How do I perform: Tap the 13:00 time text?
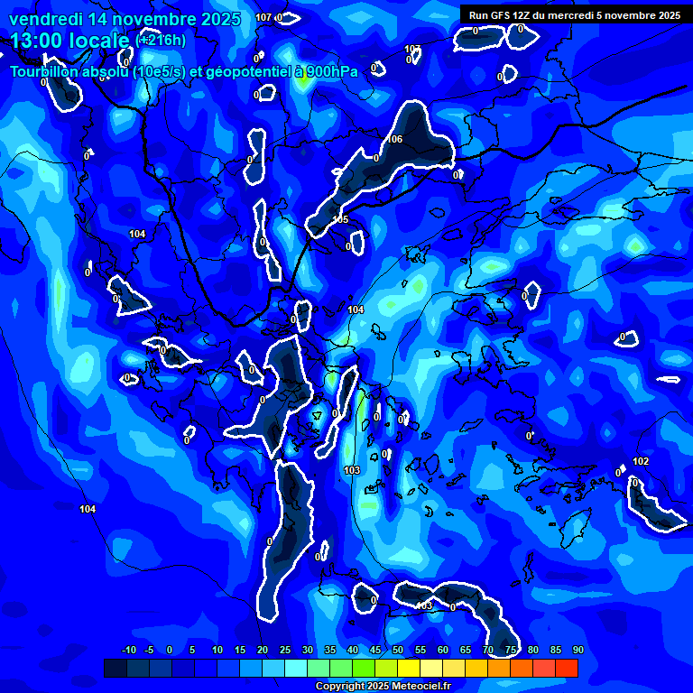click(x=35, y=41)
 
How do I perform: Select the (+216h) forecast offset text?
click(x=161, y=41)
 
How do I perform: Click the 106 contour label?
click(x=394, y=139)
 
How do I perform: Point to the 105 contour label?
click(x=340, y=219)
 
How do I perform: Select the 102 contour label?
click(x=641, y=461)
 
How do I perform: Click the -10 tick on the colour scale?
click(x=129, y=651)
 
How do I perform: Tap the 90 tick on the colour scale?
click(x=578, y=651)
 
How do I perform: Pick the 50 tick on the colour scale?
click(x=398, y=651)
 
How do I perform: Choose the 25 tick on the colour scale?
click(x=285, y=651)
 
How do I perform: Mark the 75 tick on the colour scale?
click(x=511, y=651)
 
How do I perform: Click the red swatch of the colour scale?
click(x=566, y=668)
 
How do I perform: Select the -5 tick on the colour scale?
click(x=149, y=651)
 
